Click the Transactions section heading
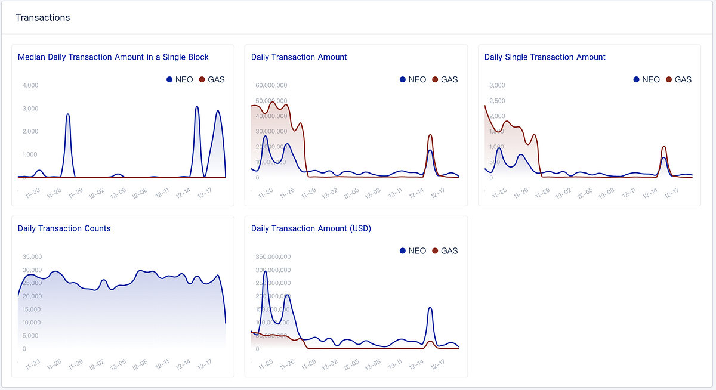(x=42, y=18)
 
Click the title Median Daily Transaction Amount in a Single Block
(x=113, y=57)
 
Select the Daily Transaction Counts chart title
(x=64, y=228)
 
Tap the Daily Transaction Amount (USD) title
(x=311, y=228)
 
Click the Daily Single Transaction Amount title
(x=545, y=57)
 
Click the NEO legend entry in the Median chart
(x=180, y=79)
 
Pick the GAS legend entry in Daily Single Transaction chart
(x=678, y=79)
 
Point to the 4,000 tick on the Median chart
(x=30, y=85)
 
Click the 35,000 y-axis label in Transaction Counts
(x=32, y=257)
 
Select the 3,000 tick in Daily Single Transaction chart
(x=497, y=85)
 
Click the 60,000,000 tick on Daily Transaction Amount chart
(x=271, y=85)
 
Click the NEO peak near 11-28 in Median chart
(x=68, y=114)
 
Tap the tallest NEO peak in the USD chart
(x=266, y=272)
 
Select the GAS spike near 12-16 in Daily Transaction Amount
(x=430, y=135)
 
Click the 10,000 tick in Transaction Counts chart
(x=32, y=323)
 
